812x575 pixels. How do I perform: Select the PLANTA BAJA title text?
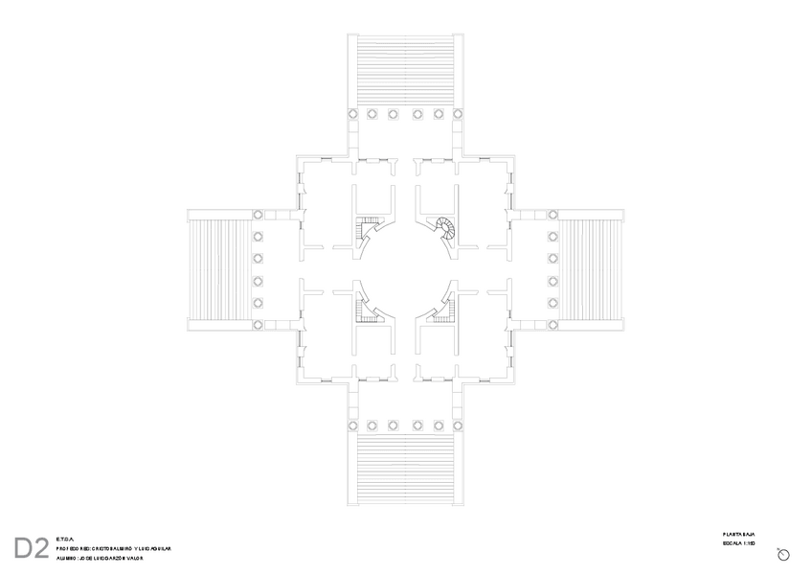coord(739,534)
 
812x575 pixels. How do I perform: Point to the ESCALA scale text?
coord(739,544)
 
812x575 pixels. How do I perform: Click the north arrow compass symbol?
coord(782,555)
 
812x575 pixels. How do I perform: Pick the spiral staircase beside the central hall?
coord(446,227)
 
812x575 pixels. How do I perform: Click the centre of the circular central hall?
coord(405,268)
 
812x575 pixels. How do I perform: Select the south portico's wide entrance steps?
coord(405,467)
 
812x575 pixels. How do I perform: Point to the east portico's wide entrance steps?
coord(592,269)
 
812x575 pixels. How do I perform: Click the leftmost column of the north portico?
coord(350,114)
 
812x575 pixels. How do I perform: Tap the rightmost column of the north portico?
coord(461,114)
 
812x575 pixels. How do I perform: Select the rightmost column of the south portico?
coord(461,423)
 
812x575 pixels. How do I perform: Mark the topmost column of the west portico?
coord(258,214)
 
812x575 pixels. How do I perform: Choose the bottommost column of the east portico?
coord(553,325)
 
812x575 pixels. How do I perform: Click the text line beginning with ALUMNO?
coord(99,557)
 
